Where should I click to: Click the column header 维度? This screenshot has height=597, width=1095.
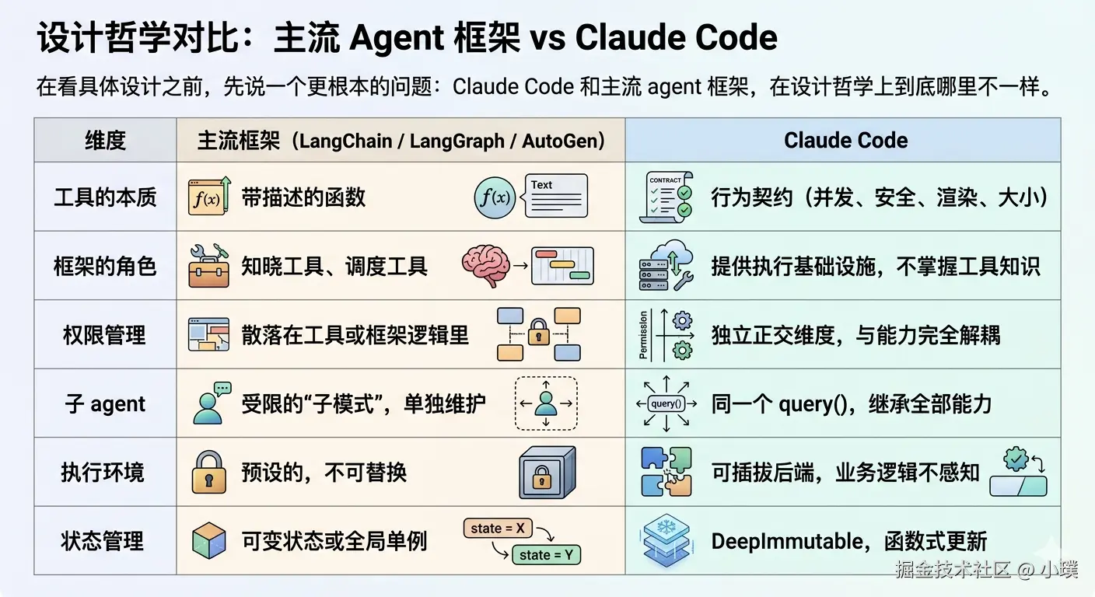(105, 141)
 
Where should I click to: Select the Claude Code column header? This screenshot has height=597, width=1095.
(845, 141)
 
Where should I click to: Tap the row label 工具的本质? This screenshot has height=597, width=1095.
(105, 197)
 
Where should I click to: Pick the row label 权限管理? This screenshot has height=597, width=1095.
(105, 335)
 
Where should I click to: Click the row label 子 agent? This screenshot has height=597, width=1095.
(105, 404)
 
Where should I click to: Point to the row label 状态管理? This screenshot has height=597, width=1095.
(105, 541)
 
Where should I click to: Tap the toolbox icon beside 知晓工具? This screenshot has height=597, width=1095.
(208, 266)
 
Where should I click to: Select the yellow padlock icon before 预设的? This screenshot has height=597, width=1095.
(208, 472)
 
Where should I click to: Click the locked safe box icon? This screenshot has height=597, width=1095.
(547, 472)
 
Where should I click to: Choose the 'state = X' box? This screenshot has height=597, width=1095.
(498, 529)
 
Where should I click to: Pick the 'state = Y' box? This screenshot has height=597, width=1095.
(546, 555)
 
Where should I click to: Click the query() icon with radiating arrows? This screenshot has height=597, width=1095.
(666, 403)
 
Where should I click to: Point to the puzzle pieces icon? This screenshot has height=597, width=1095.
(666, 472)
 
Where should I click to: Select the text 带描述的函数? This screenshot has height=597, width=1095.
(303, 197)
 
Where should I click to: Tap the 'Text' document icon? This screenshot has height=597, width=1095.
(556, 196)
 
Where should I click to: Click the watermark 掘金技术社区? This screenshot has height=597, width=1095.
(952, 570)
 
